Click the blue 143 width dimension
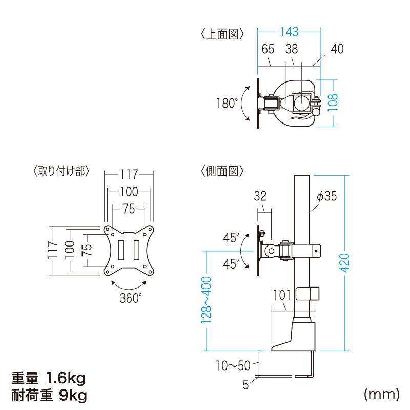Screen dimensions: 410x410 (289, 32)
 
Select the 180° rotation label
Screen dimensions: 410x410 (227, 104)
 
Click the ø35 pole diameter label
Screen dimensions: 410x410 (327, 196)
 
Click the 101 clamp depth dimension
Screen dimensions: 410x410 (282, 295)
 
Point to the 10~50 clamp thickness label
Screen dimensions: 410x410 (232, 366)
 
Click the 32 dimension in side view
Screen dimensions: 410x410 (260, 196)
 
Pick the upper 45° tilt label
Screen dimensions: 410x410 (231, 238)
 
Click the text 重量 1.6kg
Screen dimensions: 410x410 (49, 379)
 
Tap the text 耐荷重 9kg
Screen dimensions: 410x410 (49, 396)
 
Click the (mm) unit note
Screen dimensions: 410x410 (381, 394)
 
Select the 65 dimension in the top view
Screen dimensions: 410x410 (268, 49)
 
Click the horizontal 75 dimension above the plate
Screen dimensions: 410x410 (129, 209)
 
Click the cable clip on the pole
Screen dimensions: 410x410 (307, 294)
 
